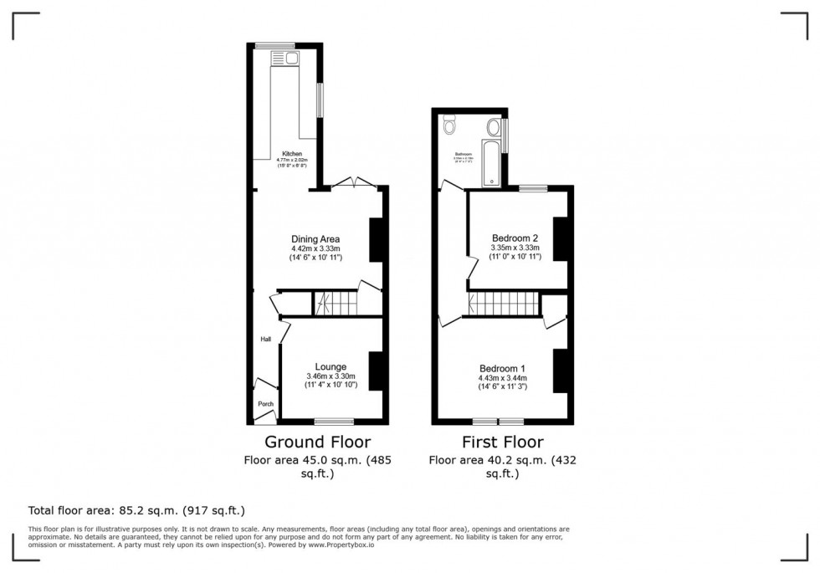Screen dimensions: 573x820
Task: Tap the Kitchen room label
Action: [x=291, y=154]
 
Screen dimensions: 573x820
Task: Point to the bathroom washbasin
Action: [x=494, y=128]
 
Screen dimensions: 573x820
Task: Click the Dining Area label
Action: [x=315, y=239]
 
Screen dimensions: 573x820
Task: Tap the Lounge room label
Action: [x=331, y=366]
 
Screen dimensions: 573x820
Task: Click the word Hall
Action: [x=265, y=339]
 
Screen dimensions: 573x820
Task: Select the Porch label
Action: [x=265, y=404]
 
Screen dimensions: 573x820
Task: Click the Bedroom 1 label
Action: [x=502, y=369]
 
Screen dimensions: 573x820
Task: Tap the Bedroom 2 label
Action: [x=515, y=238]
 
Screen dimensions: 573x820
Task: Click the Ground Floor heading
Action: [x=317, y=442]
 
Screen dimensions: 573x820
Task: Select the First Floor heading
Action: [x=502, y=442]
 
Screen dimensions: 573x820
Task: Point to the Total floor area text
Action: [x=136, y=509]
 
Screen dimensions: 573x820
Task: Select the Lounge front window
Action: [x=339, y=421]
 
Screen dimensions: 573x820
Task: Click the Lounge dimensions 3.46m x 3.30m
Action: [x=331, y=376]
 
